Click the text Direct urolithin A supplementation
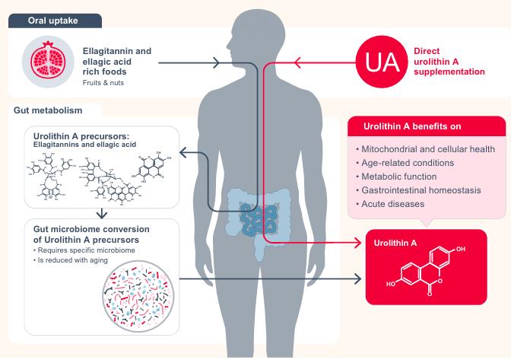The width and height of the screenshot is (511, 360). coord(449,62)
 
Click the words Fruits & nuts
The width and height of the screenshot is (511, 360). coord(104,82)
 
